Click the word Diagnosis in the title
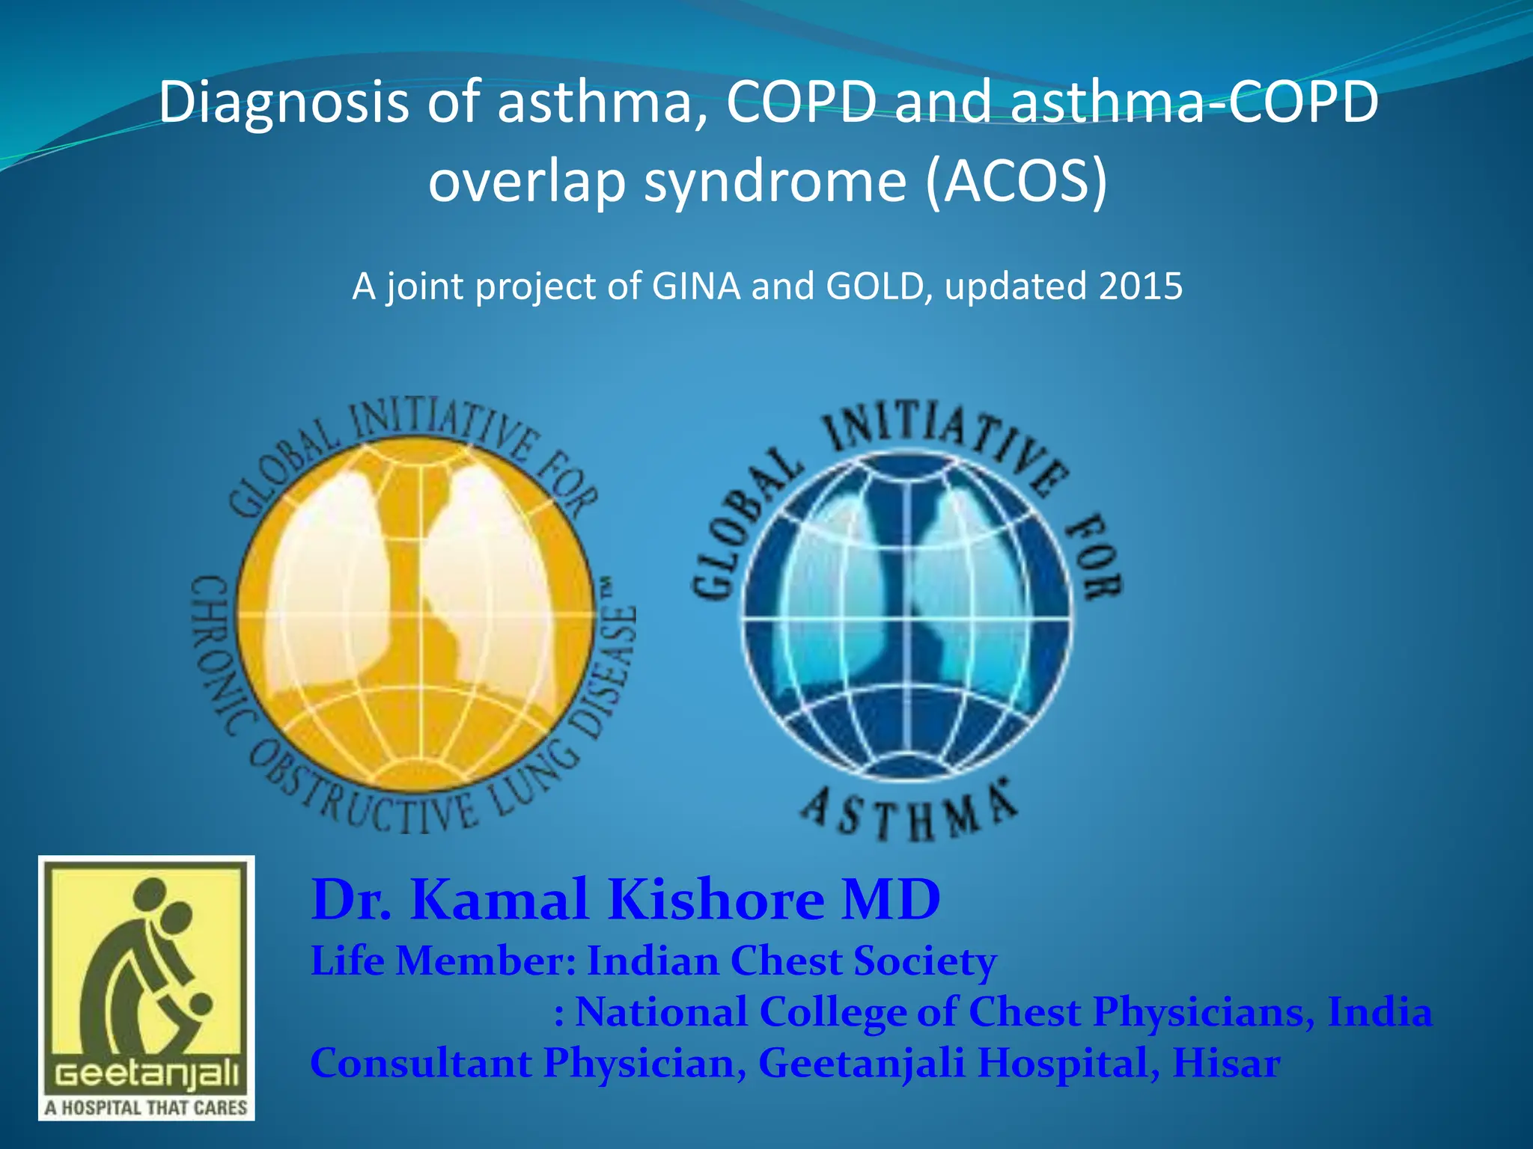coord(283,103)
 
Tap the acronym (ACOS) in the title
coord(1016,182)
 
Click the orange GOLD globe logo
coord(416,613)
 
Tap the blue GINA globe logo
coord(907,618)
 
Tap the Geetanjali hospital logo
coord(147,987)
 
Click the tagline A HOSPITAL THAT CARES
coord(146,1107)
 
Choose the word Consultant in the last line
coord(421,1063)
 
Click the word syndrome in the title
coord(775,182)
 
